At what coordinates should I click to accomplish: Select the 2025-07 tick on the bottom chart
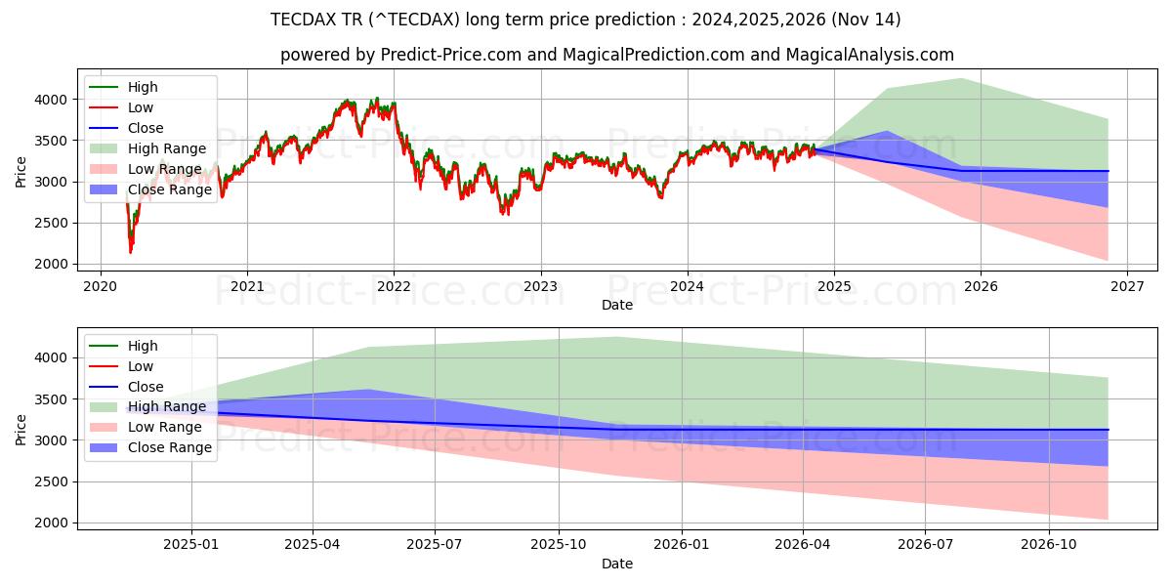[x=435, y=543]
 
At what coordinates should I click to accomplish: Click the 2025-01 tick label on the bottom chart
[x=191, y=543]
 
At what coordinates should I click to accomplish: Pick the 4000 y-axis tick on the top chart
[x=52, y=100]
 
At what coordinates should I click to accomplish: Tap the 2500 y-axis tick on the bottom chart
[x=52, y=481]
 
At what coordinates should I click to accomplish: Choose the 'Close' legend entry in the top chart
[x=146, y=128]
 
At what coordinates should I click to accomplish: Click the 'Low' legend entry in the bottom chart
[x=141, y=366]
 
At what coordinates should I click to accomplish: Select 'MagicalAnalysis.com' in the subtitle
[x=873, y=56]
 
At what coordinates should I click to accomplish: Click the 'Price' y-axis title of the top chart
[x=21, y=173]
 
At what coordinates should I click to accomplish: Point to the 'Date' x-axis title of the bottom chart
[x=616, y=564]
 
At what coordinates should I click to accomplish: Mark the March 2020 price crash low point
[x=131, y=252]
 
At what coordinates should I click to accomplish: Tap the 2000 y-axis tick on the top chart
[x=52, y=264]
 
